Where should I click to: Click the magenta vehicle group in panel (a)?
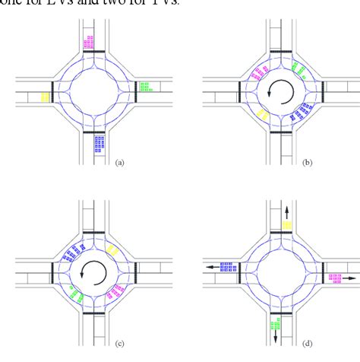[x=90, y=42]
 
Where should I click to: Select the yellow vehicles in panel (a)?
[x=45, y=97]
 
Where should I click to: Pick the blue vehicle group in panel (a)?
[x=99, y=141]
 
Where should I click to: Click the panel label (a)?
[x=118, y=162]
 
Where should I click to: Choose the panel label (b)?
[x=306, y=162]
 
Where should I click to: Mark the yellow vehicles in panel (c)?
[x=113, y=249]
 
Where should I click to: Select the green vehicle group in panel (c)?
[x=74, y=291]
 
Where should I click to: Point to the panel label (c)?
[x=118, y=342]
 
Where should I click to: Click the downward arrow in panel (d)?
[x=275, y=335]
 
